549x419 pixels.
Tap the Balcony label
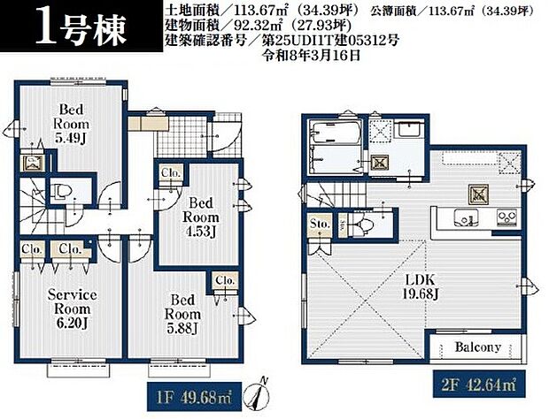[478, 347]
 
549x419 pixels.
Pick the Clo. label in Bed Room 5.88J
[223, 281]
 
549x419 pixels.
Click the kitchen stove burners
[507, 216]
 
